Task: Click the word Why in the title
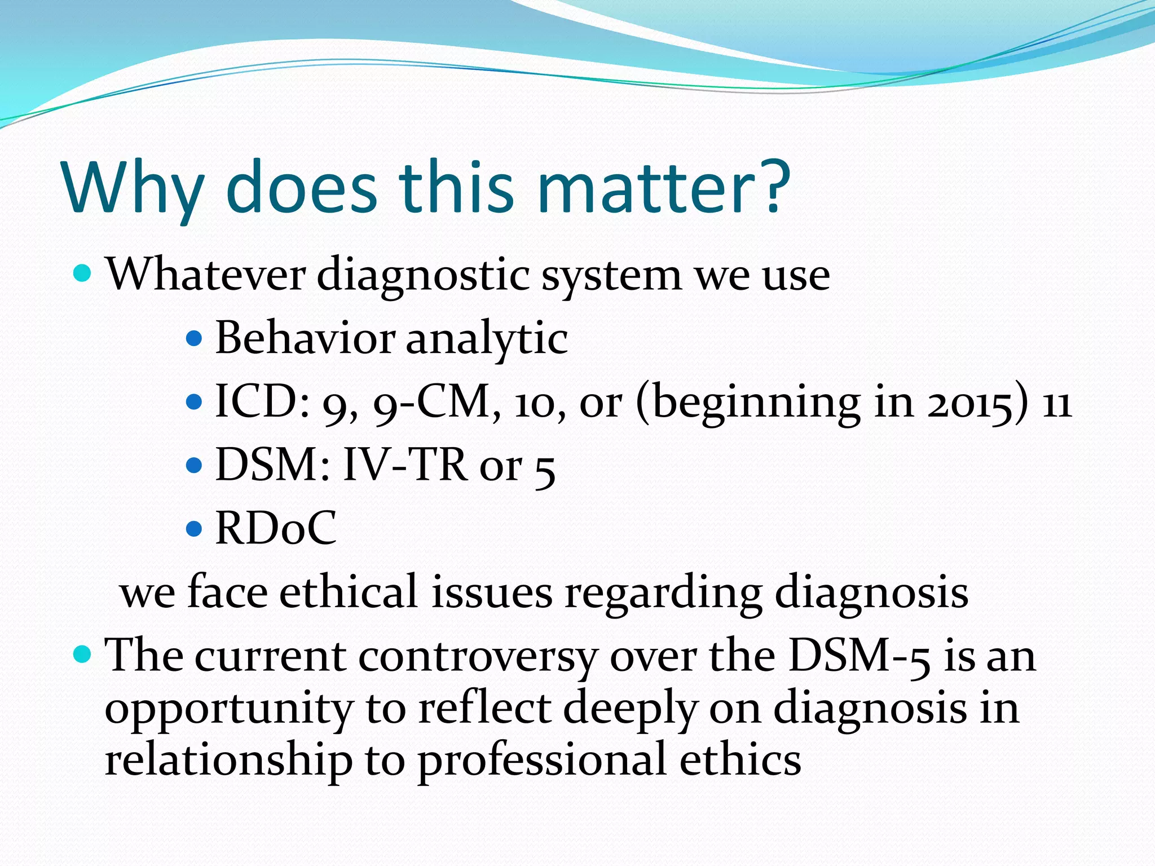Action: pyautogui.click(x=134, y=189)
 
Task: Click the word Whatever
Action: pyautogui.click(x=205, y=275)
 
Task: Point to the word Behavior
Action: pyautogui.click(x=305, y=338)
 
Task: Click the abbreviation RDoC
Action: pyautogui.click(x=276, y=529)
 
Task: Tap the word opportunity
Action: pyautogui.click(x=229, y=709)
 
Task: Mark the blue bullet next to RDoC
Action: pyautogui.click(x=193, y=529)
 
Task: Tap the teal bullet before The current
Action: pyautogui.click(x=82, y=655)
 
